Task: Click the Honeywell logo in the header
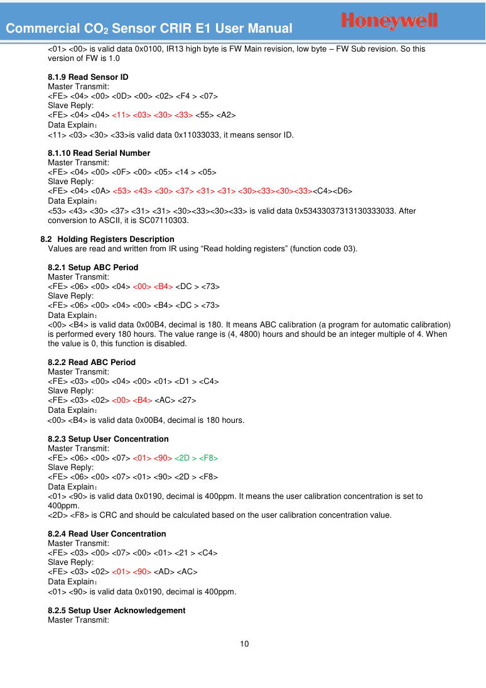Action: click(x=389, y=21)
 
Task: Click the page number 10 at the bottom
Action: click(x=244, y=643)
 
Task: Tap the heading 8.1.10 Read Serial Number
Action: click(x=99, y=153)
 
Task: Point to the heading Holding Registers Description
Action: click(x=116, y=239)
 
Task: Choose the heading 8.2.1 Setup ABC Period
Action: click(x=93, y=267)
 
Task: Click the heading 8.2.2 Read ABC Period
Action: click(x=92, y=362)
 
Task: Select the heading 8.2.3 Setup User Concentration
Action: click(x=108, y=439)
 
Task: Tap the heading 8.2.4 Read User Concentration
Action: click(x=107, y=533)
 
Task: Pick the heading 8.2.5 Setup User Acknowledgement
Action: click(x=116, y=610)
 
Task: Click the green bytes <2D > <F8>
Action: click(x=196, y=458)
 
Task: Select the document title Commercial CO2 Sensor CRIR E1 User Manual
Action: click(x=149, y=28)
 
